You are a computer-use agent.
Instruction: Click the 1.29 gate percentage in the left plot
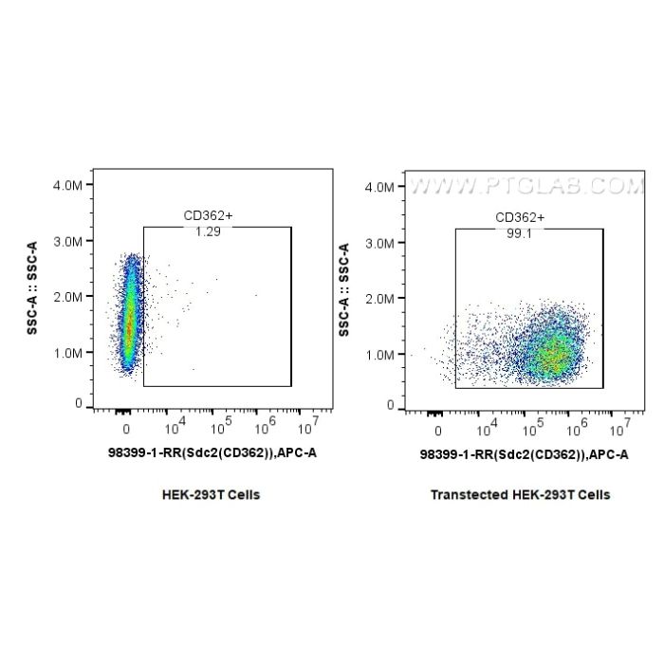[208, 232]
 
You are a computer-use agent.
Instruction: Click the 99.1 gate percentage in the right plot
[519, 232]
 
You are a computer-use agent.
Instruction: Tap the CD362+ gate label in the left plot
[208, 217]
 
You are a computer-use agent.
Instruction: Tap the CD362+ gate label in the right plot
[520, 217]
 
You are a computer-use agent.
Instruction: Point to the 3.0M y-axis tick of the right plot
[379, 243]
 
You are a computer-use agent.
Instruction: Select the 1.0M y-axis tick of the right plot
[379, 353]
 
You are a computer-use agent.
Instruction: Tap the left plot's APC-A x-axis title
[212, 453]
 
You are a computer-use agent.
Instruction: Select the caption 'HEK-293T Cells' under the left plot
[211, 494]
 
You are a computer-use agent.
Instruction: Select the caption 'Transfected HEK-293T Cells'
[520, 494]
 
